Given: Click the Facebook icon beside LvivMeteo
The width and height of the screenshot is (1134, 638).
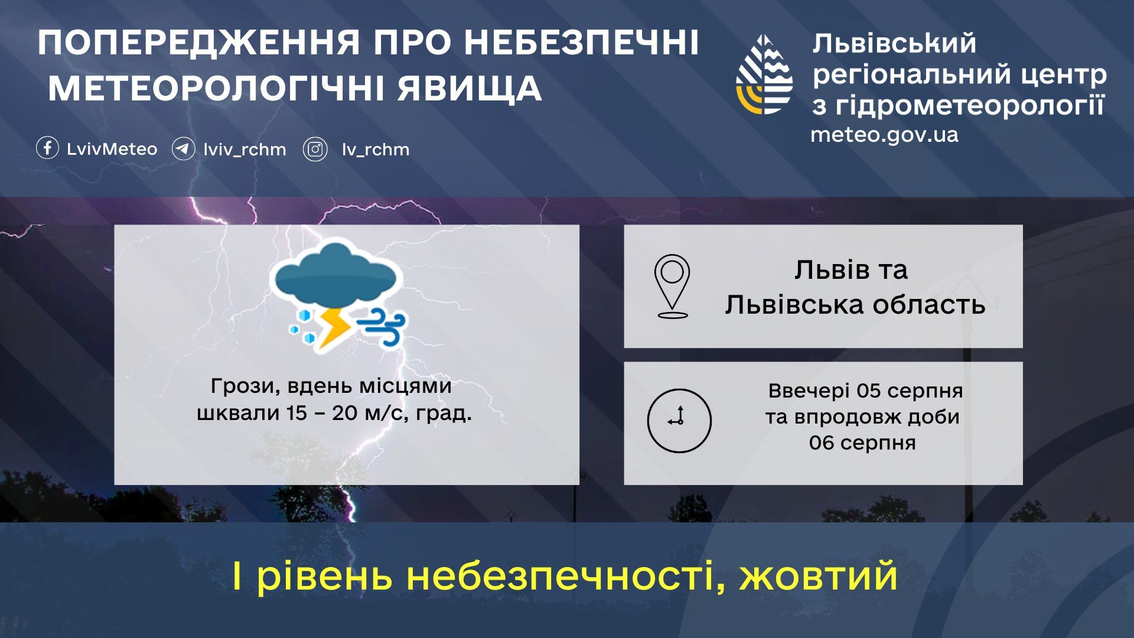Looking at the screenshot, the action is tap(47, 148).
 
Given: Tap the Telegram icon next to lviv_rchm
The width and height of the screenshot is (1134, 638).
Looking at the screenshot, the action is tap(183, 149).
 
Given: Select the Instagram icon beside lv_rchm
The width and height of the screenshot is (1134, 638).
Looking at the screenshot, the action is tap(315, 149).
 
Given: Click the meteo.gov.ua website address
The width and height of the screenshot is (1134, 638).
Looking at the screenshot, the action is tap(884, 135).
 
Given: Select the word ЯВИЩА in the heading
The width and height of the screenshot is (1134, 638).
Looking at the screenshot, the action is tap(470, 89).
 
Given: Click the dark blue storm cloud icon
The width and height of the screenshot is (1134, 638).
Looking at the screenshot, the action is tap(335, 275).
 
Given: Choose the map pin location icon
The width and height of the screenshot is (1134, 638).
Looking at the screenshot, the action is tap(672, 287).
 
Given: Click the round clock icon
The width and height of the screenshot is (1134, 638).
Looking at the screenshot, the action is tap(679, 421).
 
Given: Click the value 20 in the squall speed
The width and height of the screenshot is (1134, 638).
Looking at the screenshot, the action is tap(345, 413).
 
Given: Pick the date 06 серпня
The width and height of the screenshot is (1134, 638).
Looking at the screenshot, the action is tap(862, 442).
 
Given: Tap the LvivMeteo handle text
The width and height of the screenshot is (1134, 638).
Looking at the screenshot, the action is tap(112, 149).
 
